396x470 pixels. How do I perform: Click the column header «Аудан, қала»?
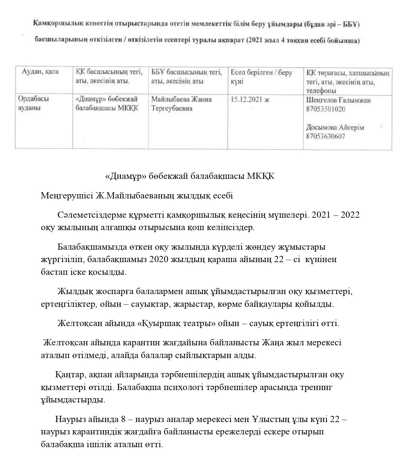coord(40,72)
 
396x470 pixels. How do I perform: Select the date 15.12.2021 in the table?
coord(250,100)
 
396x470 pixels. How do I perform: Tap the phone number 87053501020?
coord(325,109)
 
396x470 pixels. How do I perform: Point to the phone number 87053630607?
coord(325,136)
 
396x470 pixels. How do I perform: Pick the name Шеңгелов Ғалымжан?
coord(338,100)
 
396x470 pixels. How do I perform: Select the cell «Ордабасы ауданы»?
coord(34,103)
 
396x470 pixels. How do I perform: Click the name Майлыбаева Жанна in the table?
coord(181,99)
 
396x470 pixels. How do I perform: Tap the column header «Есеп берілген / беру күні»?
coord(261,77)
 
